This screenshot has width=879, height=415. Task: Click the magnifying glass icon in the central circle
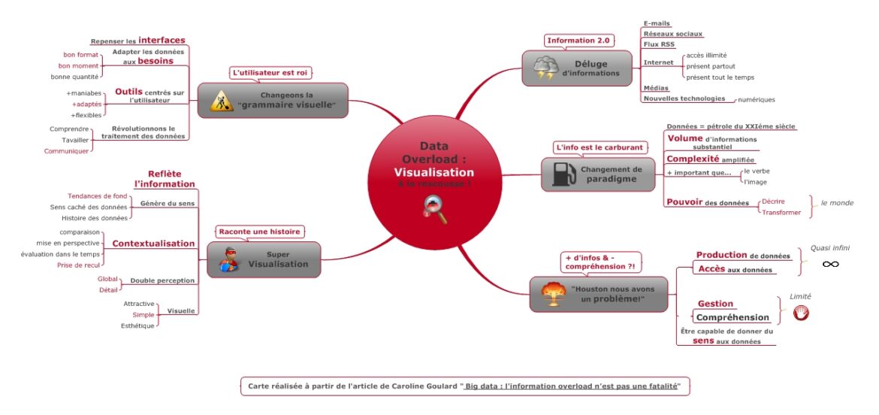pos(436,209)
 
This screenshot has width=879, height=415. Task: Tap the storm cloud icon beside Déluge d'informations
pos(545,69)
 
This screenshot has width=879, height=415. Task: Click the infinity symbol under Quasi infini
pos(830,263)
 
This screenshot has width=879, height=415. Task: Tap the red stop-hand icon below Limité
pos(801,314)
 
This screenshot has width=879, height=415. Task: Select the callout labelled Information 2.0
pos(578,41)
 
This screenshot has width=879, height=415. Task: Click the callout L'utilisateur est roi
pos(270,72)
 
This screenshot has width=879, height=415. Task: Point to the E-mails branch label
pos(657,23)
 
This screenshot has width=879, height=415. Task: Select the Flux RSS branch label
pos(660,44)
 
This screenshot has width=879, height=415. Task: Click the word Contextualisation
pos(153,244)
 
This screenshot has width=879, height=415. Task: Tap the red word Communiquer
pos(66,151)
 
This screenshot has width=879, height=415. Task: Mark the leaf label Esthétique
pos(137,326)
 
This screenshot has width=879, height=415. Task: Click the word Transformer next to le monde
pos(781,213)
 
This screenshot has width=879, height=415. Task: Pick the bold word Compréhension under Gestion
pos(732,318)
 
